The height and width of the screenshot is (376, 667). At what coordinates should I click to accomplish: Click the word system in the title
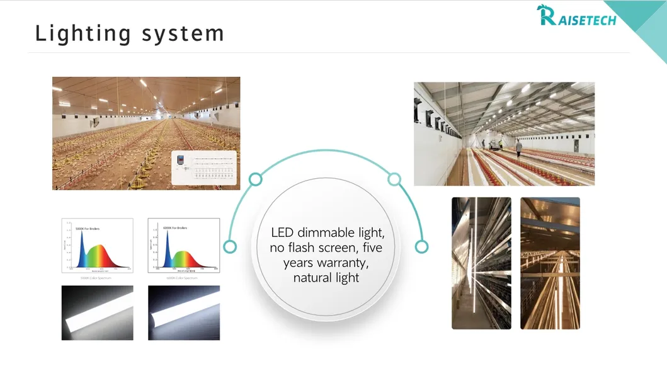pos(183,33)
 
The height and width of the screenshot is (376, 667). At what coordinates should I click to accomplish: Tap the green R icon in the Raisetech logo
pos(546,14)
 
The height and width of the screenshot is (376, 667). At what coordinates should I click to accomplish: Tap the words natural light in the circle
pos(326,277)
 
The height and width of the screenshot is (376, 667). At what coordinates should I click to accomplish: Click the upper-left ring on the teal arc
pos(255,179)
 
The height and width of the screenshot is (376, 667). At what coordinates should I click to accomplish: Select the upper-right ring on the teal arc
pos(394,179)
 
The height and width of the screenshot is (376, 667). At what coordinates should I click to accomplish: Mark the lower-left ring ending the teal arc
pos(230,246)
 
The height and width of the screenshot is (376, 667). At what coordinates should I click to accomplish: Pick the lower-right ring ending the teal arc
pos(421,246)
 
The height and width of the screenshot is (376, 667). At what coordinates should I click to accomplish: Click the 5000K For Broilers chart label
pos(88,228)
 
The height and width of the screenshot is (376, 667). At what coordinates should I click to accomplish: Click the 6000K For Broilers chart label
pos(174,227)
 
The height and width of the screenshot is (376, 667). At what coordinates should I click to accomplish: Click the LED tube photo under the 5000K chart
pos(97,313)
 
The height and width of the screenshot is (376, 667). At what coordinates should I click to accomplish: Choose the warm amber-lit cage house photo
pos(549,263)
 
